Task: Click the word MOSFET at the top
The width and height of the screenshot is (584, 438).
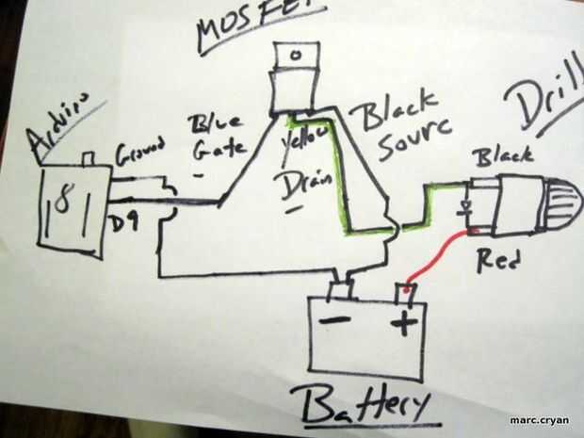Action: point(260,23)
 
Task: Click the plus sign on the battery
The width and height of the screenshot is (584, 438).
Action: point(402,325)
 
